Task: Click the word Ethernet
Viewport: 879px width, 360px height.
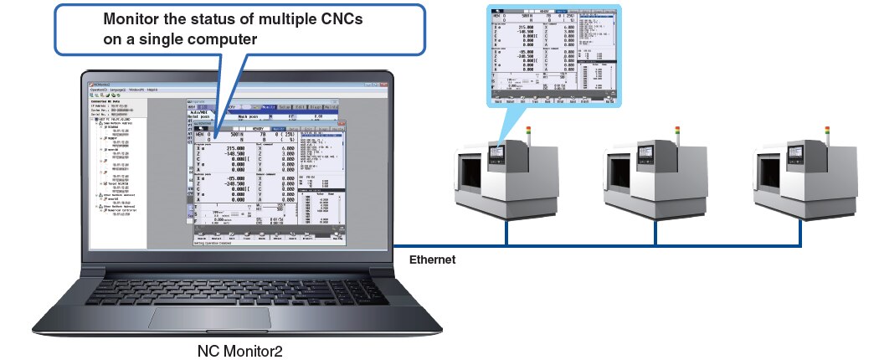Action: click(432, 260)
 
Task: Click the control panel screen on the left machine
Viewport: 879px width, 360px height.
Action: click(496, 153)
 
